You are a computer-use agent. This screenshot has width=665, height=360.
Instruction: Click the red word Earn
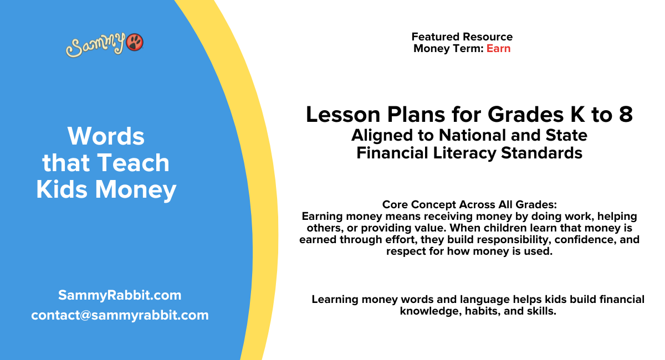click(498, 48)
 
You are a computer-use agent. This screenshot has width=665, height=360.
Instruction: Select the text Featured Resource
click(462, 37)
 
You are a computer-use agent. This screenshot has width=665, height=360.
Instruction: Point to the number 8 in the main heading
click(625, 115)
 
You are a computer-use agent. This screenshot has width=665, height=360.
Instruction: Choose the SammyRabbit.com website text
click(120, 295)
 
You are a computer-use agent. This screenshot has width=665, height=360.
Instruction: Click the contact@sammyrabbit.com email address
click(120, 315)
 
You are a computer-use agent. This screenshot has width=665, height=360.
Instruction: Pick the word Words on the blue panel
click(106, 136)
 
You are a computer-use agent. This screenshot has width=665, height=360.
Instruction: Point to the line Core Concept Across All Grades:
click(469, 204)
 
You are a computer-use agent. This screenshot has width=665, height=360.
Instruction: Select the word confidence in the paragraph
click(580, 240)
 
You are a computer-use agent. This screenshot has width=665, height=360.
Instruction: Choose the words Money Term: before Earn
click(448, 48)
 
